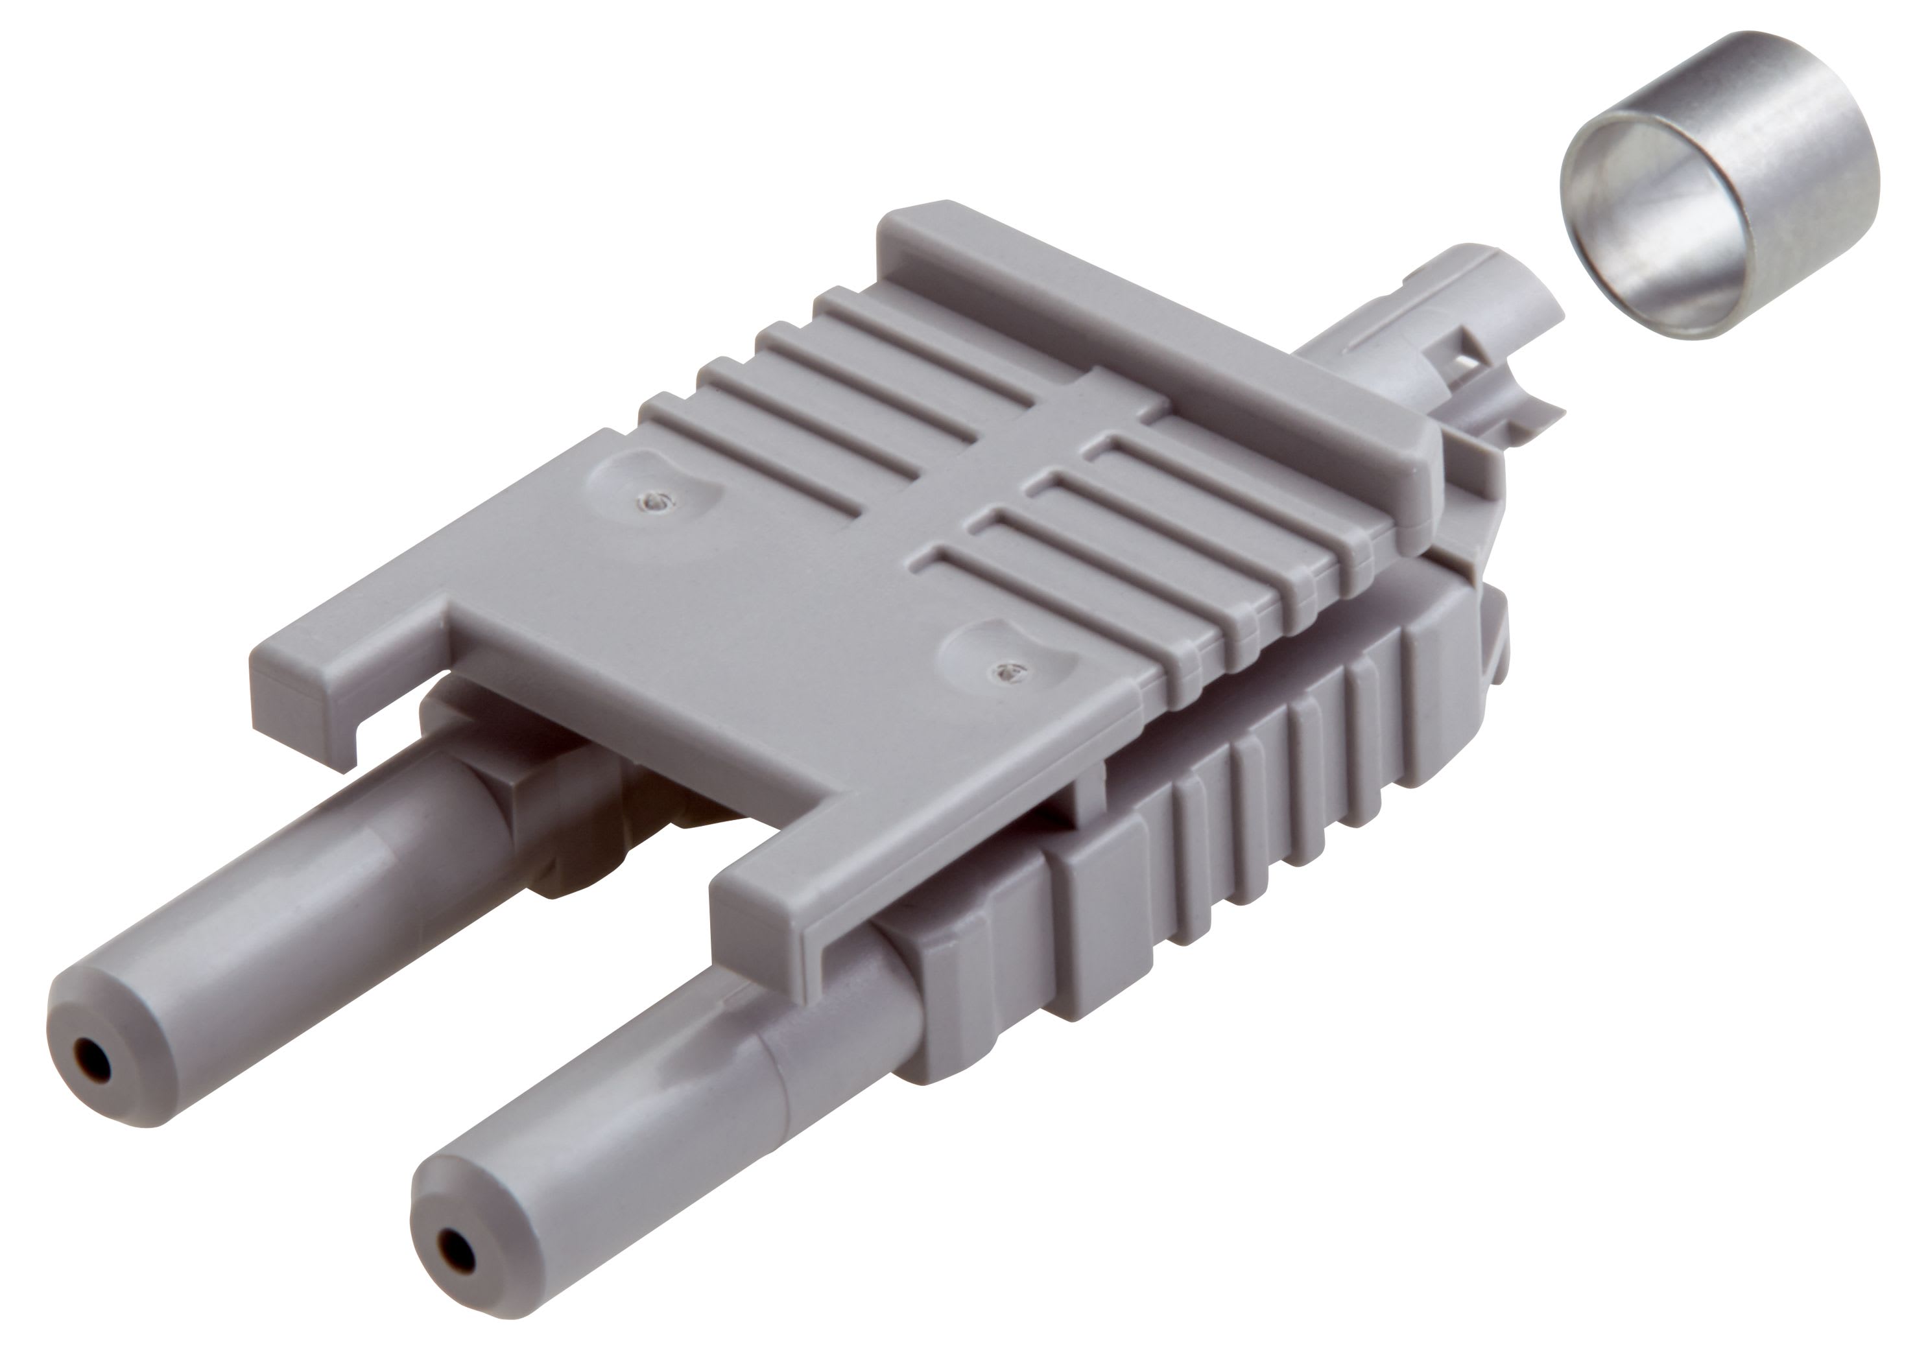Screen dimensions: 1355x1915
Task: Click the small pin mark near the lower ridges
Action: (1010, 670)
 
